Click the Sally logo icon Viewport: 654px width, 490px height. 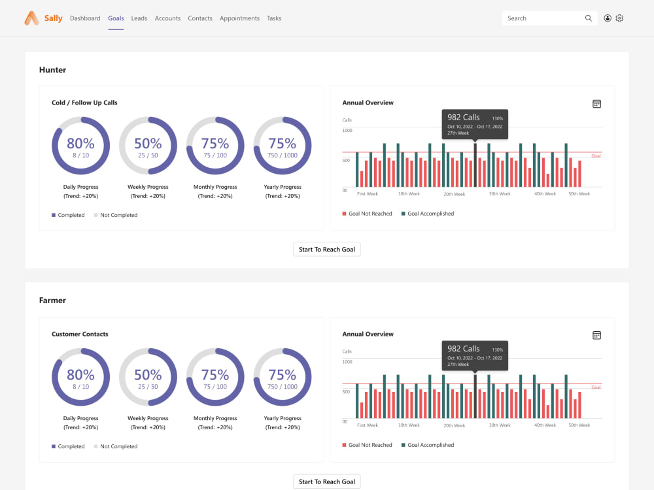tap(31, 18)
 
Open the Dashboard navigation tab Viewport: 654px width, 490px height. tap(85, 18)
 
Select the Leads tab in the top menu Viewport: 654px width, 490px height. tap(139, 18)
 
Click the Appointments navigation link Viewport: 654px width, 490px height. tap(239, 18)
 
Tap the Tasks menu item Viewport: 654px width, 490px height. tap(274, 18)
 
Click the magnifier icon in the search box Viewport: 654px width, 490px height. tap(589, 18)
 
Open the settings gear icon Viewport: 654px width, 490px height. tap(619, 18)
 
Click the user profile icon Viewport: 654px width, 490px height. tap(608, 18)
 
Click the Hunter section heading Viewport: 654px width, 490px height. tap(52, 70)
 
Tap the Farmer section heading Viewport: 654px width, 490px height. tap(52, 301)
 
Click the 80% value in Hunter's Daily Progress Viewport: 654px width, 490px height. tap(80, 143)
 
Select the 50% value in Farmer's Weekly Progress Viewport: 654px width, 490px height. tap(148, 374)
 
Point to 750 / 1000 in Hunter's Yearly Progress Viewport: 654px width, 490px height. tap(282, 155)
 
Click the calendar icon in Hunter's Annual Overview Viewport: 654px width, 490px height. tap(596, 104)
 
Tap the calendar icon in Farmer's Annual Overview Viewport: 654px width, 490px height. tap(596, 335)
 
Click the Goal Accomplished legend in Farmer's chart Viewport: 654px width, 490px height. tap(430, 445)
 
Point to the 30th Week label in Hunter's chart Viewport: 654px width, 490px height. tap(500, 194)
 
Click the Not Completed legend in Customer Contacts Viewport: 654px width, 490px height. tap(118, 446)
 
